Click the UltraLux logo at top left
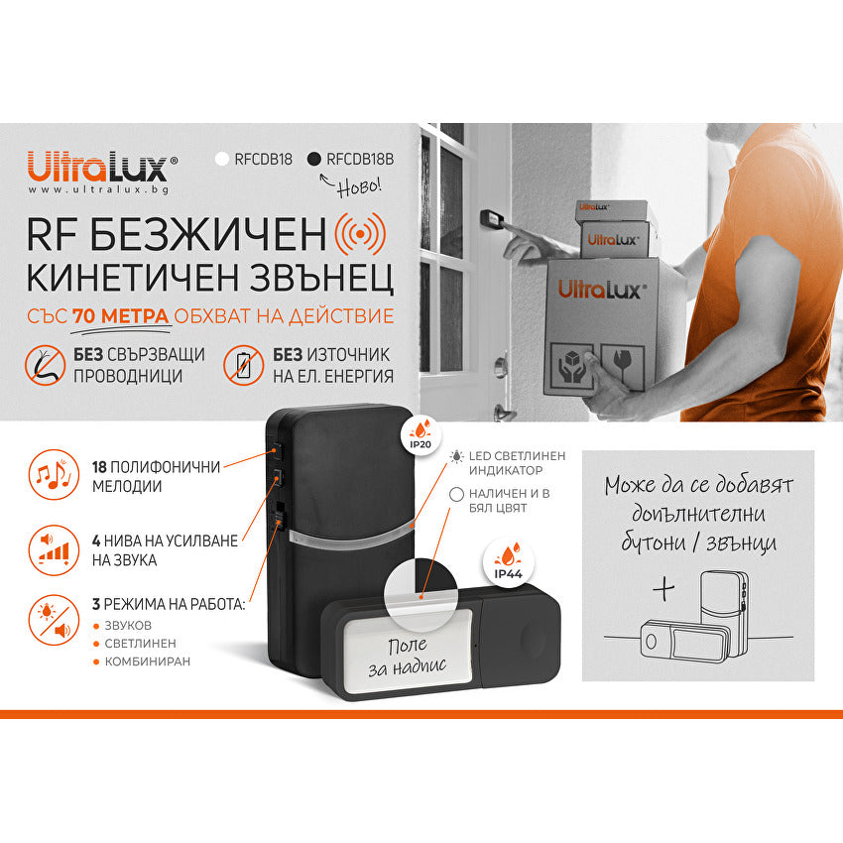pos(101,164)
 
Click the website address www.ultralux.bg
pos(97,188)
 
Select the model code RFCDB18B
pos(360,159)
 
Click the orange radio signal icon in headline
pos(360,233)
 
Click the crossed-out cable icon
pos(45,364)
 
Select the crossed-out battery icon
pos(243,364)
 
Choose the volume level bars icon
pos(50,550)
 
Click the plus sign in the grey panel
pos(663,588)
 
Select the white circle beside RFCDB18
pos(222,159)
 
